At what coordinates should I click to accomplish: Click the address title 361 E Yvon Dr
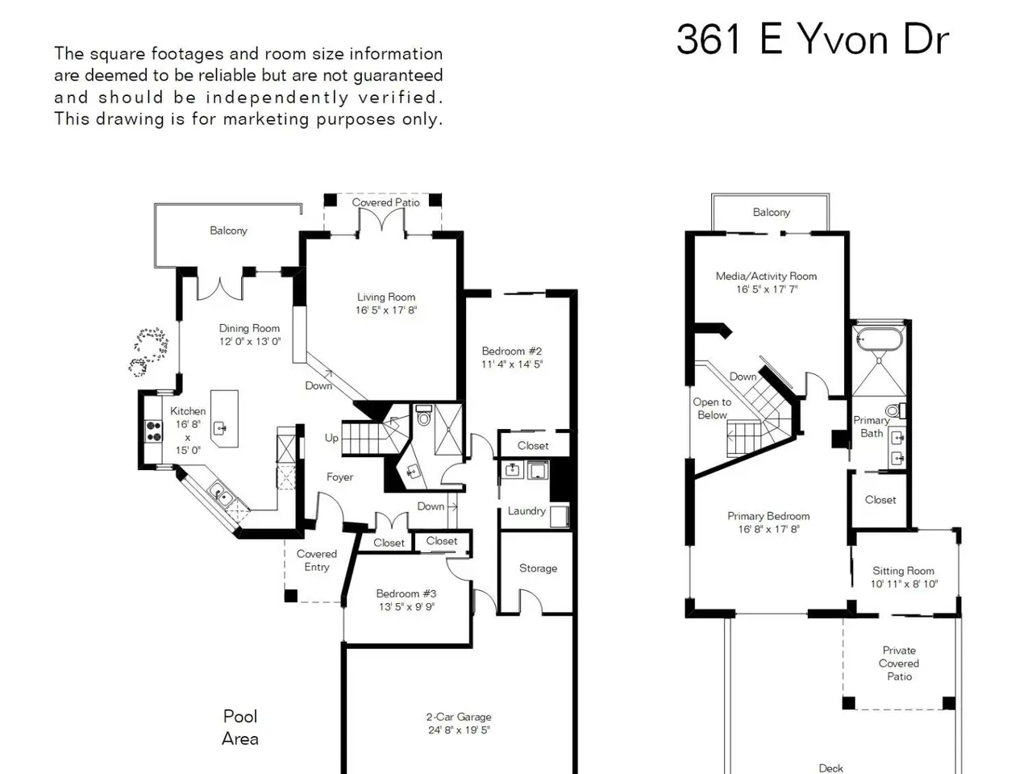[x=812, y=40]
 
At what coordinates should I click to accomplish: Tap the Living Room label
[x=386, y=297]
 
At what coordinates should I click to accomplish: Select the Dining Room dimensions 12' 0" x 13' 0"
[x=250, y=342]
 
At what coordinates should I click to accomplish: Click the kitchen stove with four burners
[x=153, y=432]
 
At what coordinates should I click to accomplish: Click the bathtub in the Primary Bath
[x=879, y=339]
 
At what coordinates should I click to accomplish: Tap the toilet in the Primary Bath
[x=896, y=410]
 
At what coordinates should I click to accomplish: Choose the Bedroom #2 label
[x=511, y=351]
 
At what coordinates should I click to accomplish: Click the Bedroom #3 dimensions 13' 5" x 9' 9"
[x=406, y=606]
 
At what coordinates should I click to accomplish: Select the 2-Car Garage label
[x=459, y=717]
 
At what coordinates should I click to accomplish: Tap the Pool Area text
[x=240, y=727]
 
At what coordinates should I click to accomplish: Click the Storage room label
[x=538, y=568]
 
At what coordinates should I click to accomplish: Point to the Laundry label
[x=526, y=511]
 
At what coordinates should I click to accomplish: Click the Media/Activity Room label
[x=766, y=276]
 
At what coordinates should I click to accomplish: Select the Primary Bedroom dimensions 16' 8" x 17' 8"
[x=768, y=529]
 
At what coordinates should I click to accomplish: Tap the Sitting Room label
[x=903, y=571]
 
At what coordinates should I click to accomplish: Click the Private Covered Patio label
[x=899, y=663]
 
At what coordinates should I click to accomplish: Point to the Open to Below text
[x=712, y=409]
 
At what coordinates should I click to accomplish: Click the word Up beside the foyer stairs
[x=331, y=438]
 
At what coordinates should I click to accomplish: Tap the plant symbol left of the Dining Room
[x=148, y=352]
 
